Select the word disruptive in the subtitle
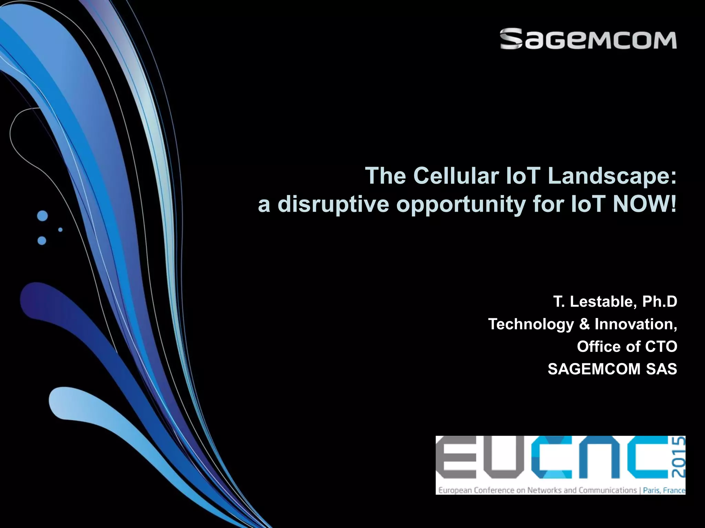click(333, 204)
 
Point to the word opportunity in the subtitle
click(461, 205)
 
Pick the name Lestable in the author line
click(601, 301)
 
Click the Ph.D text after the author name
click(660, 301)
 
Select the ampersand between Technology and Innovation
click(584, 324)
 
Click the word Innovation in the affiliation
click(635, 324)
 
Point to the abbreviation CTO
click(661, 346)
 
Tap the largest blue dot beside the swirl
click(42, 216)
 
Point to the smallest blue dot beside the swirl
click(60, 229)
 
